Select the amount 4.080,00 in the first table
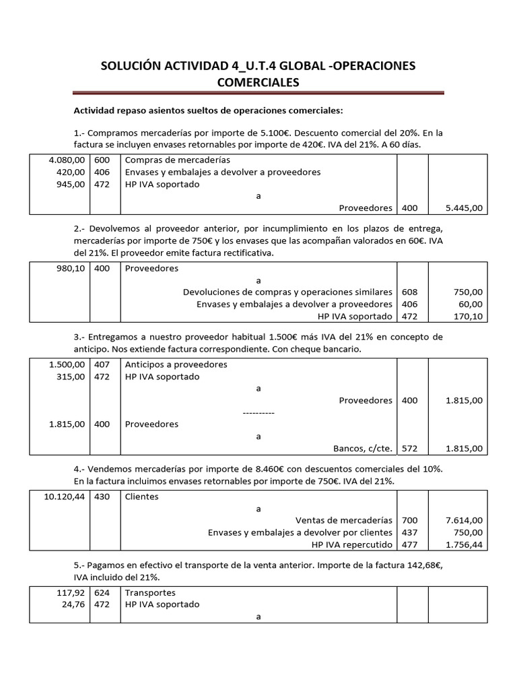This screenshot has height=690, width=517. (67, 160)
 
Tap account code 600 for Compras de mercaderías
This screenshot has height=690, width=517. (102, 160)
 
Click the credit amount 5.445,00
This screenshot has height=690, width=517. (464, 209)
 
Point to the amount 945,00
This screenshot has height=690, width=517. (71, 185)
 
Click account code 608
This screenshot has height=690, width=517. (409, 292)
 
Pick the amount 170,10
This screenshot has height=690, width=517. (468, 317)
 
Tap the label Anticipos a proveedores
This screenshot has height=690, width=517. (176, 365)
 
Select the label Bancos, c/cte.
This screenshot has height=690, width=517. (363, 448)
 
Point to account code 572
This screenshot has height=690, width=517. (409, 448)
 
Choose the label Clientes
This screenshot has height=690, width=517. (142, 497)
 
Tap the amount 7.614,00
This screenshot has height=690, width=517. (464, 520)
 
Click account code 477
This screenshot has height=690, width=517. (409, 544)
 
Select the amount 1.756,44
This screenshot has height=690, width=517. (464, 544)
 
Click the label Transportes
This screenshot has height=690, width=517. (150, 593)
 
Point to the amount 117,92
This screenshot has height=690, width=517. (71, 593)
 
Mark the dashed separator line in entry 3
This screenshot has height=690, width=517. (258, 412)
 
